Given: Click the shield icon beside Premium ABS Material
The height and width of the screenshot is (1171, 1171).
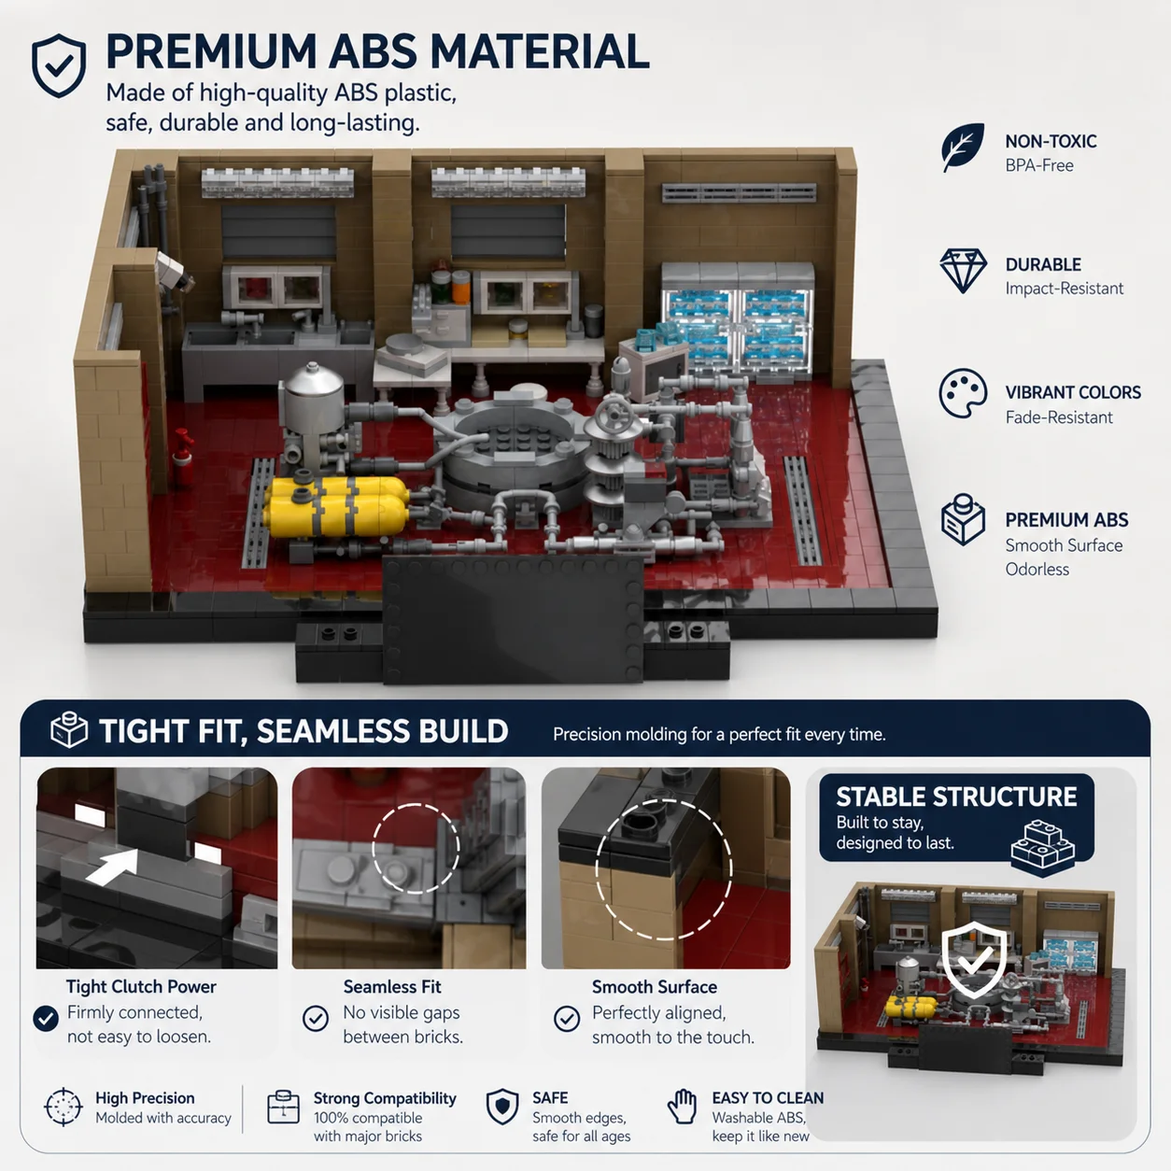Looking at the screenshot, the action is (x=58, y=65).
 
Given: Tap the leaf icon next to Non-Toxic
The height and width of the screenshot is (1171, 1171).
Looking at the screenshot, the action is (x=963, y=147).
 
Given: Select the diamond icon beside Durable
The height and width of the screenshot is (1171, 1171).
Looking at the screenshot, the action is (x=963, y=271).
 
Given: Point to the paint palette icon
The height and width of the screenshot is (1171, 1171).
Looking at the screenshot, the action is (x=963, y=393).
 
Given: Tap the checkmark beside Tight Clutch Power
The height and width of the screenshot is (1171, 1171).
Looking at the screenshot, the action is (x=46, y=1019).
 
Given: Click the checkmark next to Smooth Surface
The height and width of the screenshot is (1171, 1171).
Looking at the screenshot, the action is (x=567, y=1019).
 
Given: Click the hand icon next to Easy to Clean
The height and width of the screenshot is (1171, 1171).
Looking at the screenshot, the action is (x=683, y=1106).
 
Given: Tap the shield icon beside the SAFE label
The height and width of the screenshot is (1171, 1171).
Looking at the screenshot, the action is (x=502, y=1107).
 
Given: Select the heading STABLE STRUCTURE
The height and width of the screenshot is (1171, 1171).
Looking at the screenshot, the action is (x=956, y=797).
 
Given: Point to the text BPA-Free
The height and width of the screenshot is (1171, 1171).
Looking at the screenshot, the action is (x=1039, y=165).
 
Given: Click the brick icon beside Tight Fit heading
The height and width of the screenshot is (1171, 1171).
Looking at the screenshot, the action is (x=69, y=729).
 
